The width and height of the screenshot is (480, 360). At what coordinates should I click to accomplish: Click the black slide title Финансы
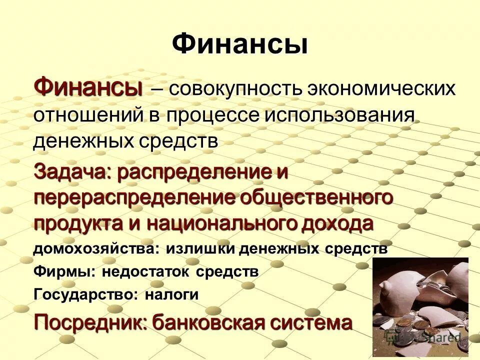pyautogui.click(x=239, y=44)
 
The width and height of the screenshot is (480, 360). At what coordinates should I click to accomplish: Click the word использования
pyautogui.click(x=340, y=116)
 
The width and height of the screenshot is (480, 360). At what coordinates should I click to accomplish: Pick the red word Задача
pyautogui.click(x=71, y=172)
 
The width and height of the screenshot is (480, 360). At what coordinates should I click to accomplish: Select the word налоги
pyautogui.click(x=171, y=295)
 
